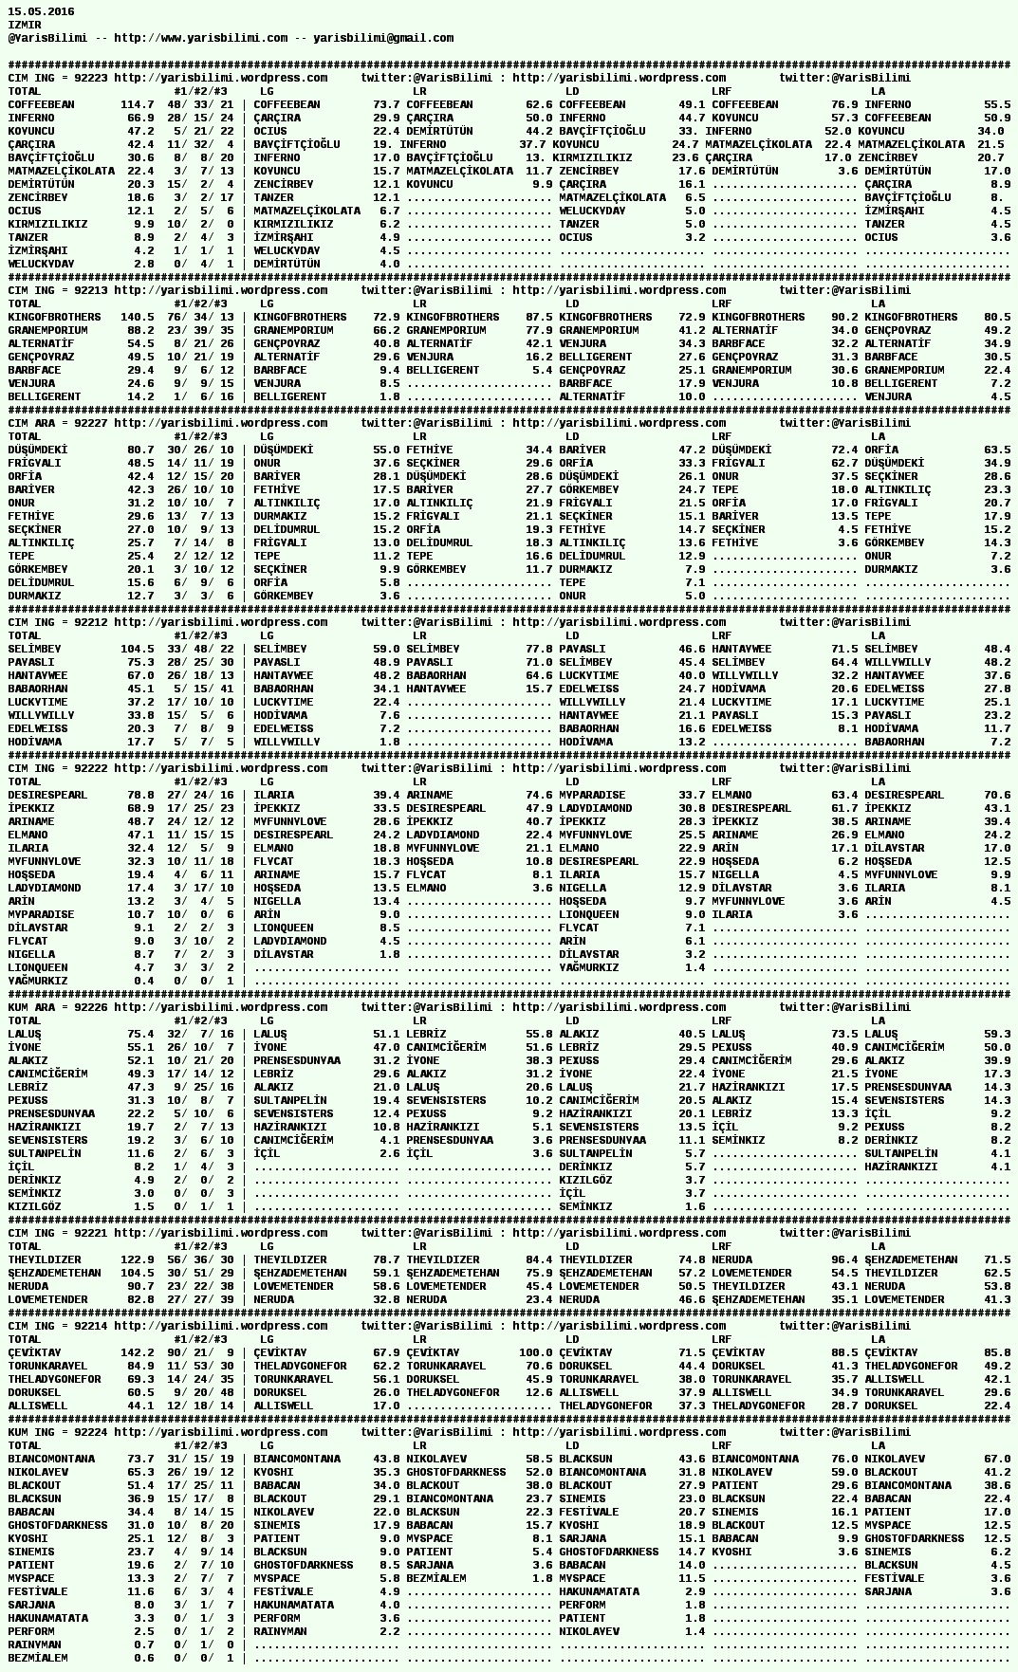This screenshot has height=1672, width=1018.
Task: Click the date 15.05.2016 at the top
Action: click(x=41, y=11)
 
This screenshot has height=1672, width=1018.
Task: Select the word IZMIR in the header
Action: click(x=25, y=25)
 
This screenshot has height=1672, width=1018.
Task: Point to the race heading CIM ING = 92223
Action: click(x=57, y=78)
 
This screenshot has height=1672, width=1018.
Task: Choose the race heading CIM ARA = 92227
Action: click(x=57, y=423)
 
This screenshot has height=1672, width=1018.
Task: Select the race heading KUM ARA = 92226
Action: click(x=57, y=1007)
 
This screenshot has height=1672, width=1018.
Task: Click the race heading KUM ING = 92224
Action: click(x=57, y=1432)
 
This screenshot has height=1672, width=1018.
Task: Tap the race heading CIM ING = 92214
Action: click(x=57, y=1326)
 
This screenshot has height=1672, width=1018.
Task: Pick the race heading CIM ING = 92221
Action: click(x=57, y=1233)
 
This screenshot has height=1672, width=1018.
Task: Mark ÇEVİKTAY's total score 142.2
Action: click(x=138, y=1352)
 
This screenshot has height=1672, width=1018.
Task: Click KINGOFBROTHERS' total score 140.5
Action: click(x=138, y=317)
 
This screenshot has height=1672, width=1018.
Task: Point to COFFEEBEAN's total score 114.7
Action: click(x=138, y=104)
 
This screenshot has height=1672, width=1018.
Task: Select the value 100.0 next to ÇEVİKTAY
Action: click(x=536, y=1352)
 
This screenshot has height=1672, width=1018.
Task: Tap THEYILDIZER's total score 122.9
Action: click(x=138, y=1259)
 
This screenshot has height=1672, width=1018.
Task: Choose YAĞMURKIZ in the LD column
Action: click(x=588, y=967)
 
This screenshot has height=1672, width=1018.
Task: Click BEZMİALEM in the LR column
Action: click(x=436, y=1578)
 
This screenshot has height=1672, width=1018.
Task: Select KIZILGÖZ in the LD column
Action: click(x=585, y=1180)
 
